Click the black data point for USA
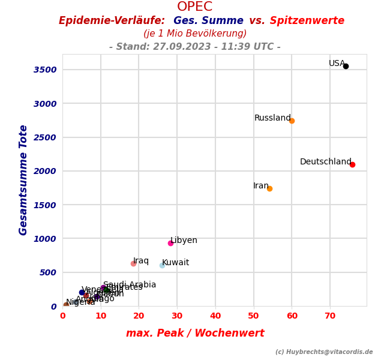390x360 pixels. click(x=346, y=66)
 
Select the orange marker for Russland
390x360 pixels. click(x=292, y=121)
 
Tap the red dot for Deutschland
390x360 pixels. click(x=352, y=164)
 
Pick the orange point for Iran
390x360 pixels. click(x=269, y=188)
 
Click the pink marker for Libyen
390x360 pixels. click(x=170, y=243)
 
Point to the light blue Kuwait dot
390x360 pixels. click(x=162, y=265)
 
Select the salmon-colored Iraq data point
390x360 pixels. click(x=133, y=263)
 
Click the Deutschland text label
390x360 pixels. click(x=325, y=162)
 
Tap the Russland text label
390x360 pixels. click(x=272, y=118)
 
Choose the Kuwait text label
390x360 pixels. click(x=176, y=263)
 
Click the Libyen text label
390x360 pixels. click(x=184, y=241)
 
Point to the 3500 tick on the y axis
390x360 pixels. click(x=45, y=70)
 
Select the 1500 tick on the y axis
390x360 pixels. click(x=45, y=205)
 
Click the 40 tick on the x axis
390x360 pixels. click(x=215, y=316)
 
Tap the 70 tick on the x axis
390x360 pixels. click(x=330, y=316)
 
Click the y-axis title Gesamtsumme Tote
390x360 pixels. click(x=23, y=180)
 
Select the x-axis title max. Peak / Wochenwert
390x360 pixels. click(x=195, y=333)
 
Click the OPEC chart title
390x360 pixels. click(x=195, y=7)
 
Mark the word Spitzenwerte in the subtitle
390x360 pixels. click(x=307, y=21)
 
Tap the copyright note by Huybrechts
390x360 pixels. click(x=324, y=352)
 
